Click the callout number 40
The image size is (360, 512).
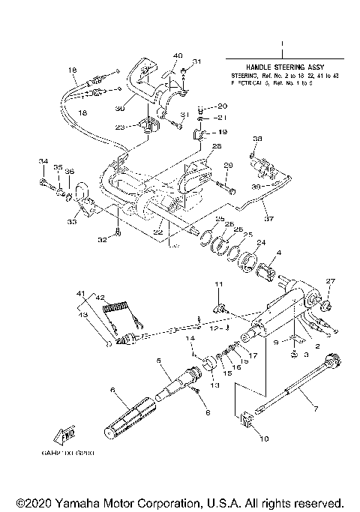click(177, 55)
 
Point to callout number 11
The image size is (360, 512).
click(220, 285)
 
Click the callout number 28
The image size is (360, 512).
click(216, 146)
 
